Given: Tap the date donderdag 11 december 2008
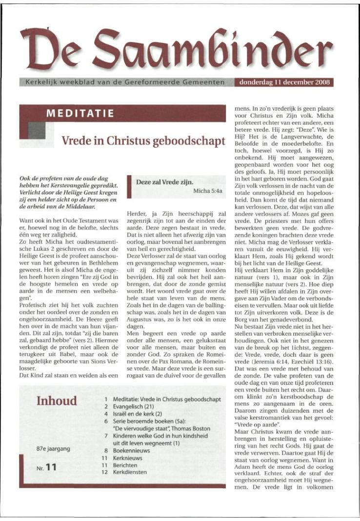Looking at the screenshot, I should [285, 82].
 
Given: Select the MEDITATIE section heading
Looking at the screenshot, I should [80, 114].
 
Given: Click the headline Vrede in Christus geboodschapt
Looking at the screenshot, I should [143, 141].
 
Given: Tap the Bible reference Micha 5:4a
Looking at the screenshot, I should [208, 191].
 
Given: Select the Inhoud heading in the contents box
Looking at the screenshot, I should [57, 401].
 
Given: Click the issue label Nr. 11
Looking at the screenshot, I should [47, 468].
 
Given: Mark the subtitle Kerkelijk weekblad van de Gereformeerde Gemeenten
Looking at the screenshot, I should [122, 82].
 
